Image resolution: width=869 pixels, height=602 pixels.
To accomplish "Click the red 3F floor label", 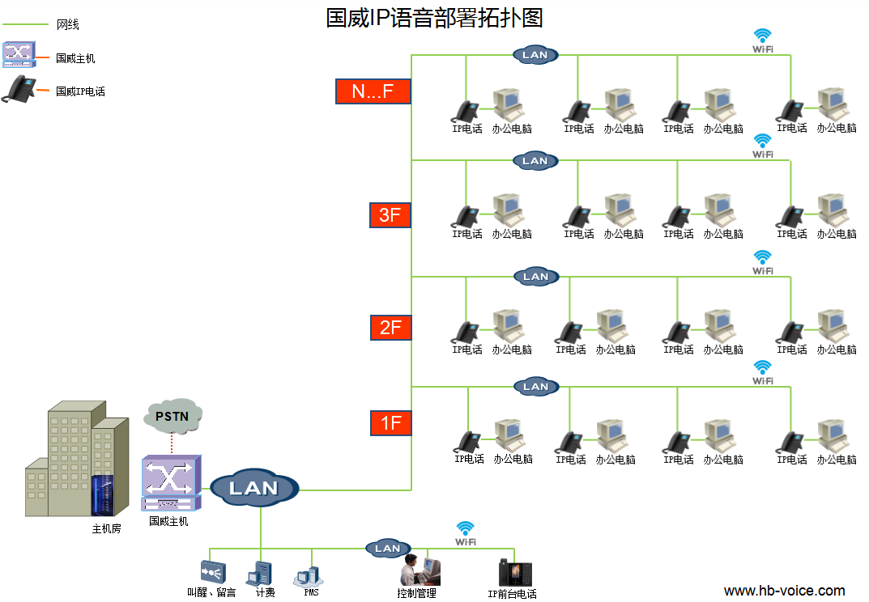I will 390,214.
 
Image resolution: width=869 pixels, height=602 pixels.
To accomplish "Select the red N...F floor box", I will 373,91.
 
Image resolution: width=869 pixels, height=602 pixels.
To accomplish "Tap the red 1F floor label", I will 390,422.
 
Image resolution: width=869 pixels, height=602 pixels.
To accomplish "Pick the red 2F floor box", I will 390,327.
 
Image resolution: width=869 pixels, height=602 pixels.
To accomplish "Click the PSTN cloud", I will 172,416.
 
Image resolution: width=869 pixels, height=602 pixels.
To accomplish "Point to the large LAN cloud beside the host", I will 254,488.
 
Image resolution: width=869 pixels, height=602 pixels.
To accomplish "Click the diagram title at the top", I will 434,18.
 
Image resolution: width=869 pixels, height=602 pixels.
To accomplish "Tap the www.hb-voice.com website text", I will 784,591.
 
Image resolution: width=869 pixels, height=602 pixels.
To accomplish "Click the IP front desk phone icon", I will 514,572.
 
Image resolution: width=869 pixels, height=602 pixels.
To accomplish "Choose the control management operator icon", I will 420,570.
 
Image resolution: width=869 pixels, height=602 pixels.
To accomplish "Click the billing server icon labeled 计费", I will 263,573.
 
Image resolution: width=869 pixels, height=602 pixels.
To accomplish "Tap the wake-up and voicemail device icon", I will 212,573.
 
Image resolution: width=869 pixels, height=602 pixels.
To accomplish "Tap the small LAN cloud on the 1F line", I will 535,387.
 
